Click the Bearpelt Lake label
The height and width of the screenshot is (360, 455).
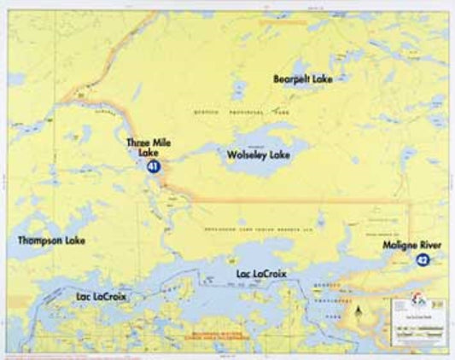[303, 78]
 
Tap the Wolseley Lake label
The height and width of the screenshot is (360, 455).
[259, 155]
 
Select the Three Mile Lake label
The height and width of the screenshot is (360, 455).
[149, 147]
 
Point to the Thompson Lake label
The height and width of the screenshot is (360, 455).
[51, 241]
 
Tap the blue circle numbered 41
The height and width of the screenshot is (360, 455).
[153, 167]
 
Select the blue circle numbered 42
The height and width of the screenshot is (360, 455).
[423, 259]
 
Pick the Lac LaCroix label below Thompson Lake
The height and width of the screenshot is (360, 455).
[102, 297]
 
